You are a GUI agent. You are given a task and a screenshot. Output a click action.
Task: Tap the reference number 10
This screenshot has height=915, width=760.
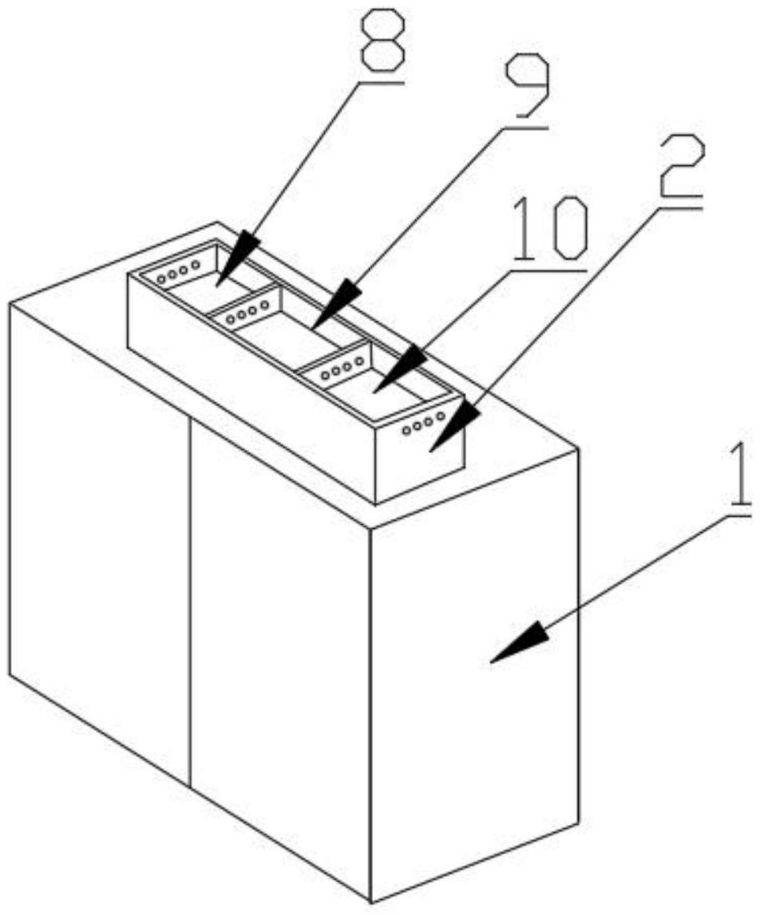(x=549, y=229)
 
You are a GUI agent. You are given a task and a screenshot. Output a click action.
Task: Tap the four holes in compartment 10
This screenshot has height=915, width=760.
(x=337, y=369)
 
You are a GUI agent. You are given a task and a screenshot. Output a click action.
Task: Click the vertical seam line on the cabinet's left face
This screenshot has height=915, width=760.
(x=189, y=598)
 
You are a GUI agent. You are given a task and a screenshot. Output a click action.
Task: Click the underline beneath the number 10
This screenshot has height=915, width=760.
(x=548, y=270)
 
